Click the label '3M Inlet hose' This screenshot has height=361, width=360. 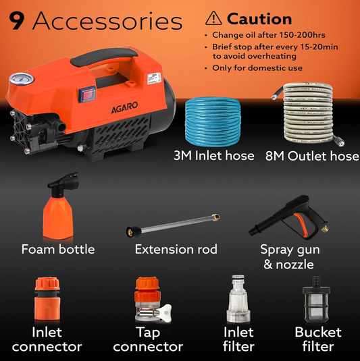point(213,156)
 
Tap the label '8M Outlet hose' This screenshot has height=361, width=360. point(311,156)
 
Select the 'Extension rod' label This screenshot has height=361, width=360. point(176,250)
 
